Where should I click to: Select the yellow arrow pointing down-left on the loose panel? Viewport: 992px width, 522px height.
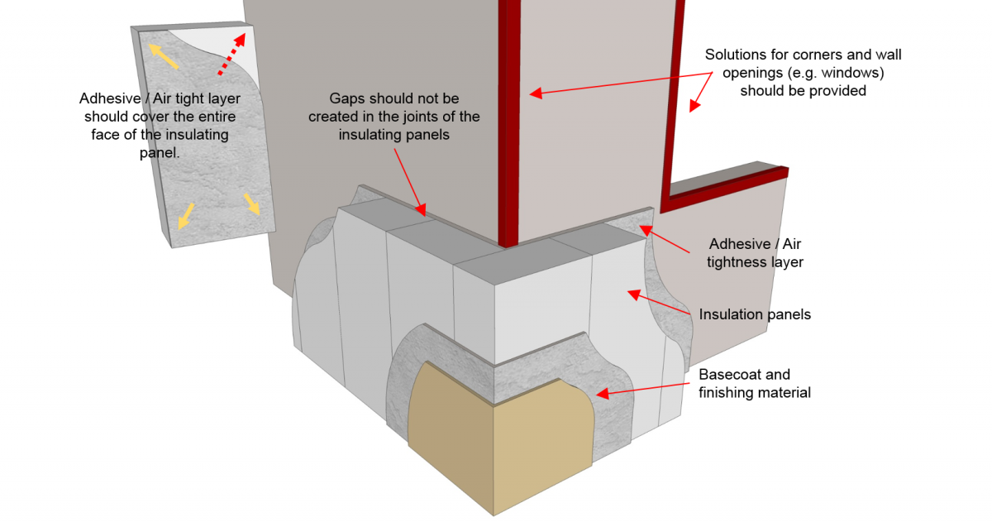tap(188, 214)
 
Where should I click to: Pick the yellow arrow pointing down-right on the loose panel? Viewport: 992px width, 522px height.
tap(251, 203)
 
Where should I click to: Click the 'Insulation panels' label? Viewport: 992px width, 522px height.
tap(755, 314)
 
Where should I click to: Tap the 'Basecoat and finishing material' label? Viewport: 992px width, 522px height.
tap(754, 383)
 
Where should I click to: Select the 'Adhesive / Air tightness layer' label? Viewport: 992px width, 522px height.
tap(755, 253)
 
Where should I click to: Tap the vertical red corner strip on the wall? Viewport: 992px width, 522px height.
tap(510, 124)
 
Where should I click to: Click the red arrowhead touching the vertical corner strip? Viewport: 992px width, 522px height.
tap(536, 93)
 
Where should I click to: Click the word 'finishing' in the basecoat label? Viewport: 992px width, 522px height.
tap(727, 392)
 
